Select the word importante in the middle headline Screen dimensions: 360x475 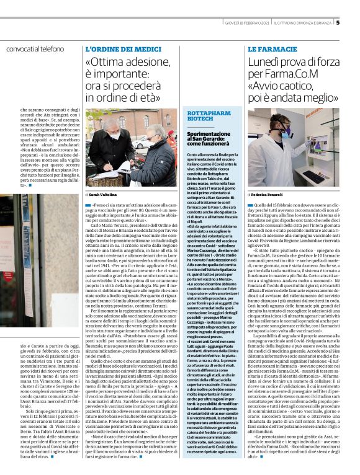[125, 76]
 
